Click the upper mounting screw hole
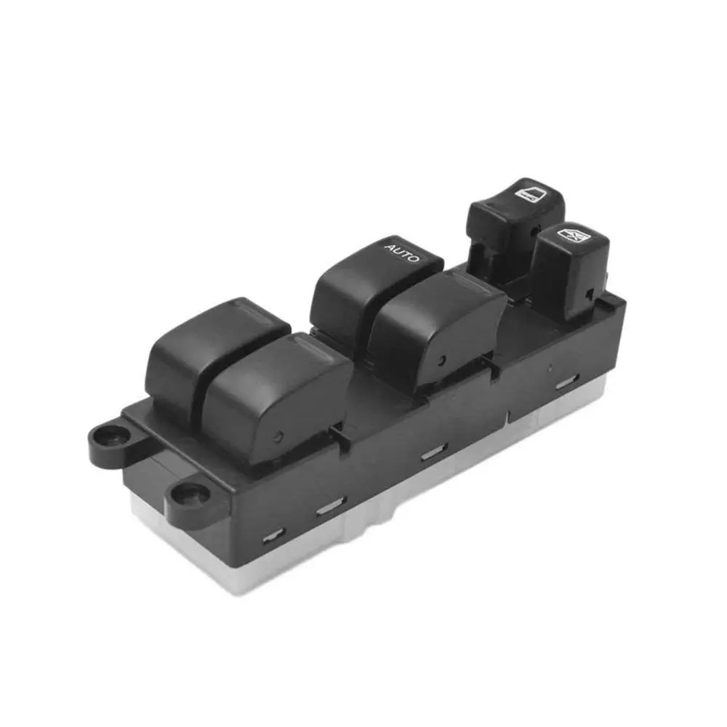click(110, 437)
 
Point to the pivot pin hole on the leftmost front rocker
click(280, 436)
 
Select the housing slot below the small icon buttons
click(567, 382)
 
